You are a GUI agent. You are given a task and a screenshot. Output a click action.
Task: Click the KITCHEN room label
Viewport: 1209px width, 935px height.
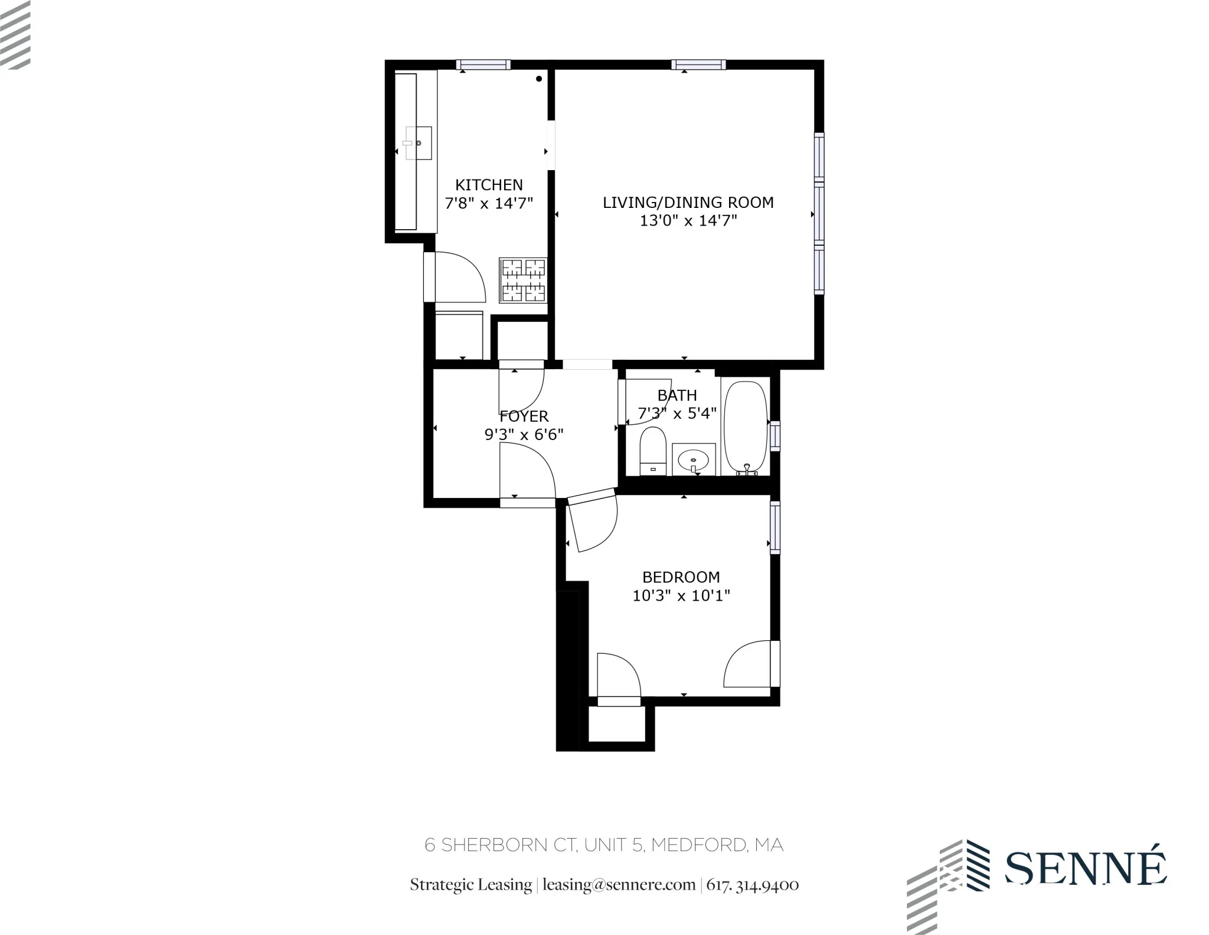click(x=489, y=185)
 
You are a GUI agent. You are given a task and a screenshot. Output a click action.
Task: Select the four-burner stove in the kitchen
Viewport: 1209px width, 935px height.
click(x=523, y=281)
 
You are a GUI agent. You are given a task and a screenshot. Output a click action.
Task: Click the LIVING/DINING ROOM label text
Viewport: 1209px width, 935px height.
click(x=688, y=203)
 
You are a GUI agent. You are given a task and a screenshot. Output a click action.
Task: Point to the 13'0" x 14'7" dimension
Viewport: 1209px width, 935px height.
click(x=688, y=221)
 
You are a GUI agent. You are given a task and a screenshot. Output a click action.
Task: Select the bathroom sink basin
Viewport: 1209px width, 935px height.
click(x=693, y=458)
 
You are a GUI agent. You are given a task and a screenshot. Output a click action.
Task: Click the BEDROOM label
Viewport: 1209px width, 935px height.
click(x=681, y=577)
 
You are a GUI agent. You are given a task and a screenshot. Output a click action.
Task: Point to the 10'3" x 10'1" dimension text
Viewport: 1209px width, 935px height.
click(x=681, y=595)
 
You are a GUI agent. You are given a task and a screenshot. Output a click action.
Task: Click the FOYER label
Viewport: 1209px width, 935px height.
click(x=524, y=416)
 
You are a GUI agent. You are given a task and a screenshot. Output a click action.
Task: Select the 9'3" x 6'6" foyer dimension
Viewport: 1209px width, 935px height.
click(x=524, y=435)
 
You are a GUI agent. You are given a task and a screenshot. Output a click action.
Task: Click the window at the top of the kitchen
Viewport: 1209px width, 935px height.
click(x=483, y=65)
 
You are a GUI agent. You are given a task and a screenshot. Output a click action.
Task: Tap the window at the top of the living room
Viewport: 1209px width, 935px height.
click(x=698, y=65)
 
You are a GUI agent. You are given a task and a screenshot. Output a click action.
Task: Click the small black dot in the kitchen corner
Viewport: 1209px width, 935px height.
click(x=539, y=79)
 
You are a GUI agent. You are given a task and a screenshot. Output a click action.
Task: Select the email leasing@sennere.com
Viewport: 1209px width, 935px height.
click(x=619, y=885)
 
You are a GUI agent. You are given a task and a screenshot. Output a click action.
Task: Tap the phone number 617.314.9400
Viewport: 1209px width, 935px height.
click(x=753, y=885)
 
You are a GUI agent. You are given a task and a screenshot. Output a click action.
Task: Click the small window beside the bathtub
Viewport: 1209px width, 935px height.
click(x=775, y=435)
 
